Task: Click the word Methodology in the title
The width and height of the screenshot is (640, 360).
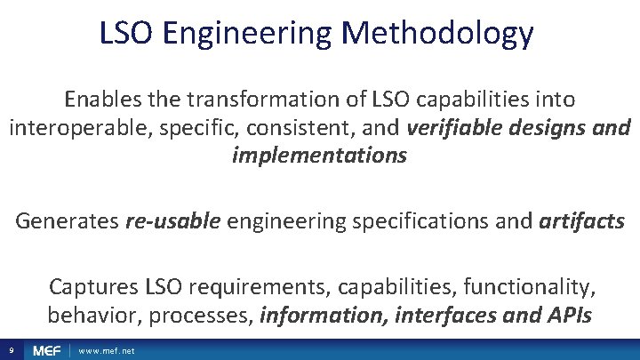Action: coord(437,33)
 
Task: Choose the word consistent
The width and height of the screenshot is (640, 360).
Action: coord(307,127)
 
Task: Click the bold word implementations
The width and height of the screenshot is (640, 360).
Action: coord(319,156)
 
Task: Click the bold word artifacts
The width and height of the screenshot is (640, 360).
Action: coord(581,220)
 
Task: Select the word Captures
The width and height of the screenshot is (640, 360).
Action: coord(89,286)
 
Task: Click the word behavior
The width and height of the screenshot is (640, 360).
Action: coord(86,315)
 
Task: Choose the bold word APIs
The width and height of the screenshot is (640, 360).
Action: coord(565,315)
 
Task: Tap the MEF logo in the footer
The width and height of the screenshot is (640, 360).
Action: coord(46,350)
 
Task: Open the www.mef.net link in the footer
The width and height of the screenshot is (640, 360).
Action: coord(107,351)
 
